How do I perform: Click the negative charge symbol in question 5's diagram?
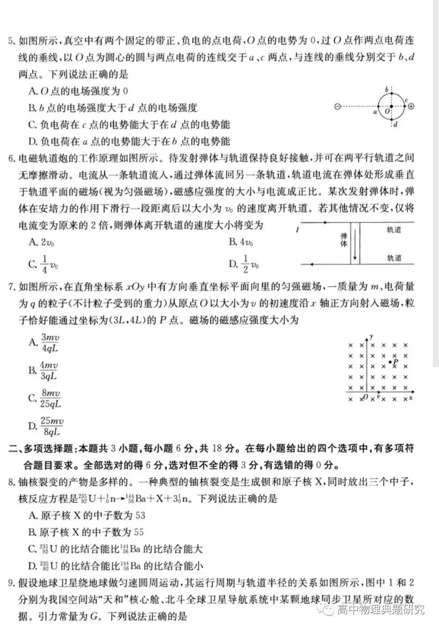[x=337, y=107]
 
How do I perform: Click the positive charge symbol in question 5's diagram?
[x=411, y=107]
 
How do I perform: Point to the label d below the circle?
[x=395, y=124]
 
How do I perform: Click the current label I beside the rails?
[x=298, y=230]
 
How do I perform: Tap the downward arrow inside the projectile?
[x=355, y=245]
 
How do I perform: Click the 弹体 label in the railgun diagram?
[x=344, y=240]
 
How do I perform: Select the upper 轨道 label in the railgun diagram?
[x=394, y=230]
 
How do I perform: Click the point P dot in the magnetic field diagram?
[x=390, y=362]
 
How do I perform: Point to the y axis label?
[x=372, y=336]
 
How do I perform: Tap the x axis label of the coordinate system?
[x=411, y=397]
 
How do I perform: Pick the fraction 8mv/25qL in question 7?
[x=50, y=398]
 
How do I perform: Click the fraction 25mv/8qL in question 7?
[x=52, y=426]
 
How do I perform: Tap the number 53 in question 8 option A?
[x=140, y=515]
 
